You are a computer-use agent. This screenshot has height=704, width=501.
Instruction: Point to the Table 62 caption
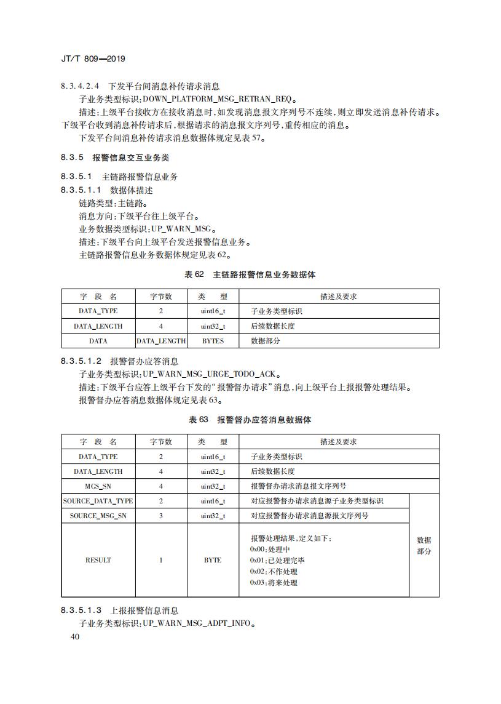(x=250, y=274)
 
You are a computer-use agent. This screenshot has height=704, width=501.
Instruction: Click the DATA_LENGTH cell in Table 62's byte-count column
(x=161, y=341)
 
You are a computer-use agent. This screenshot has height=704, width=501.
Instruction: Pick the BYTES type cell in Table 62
(x=213, y=341)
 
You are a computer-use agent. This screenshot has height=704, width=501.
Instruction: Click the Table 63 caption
(x=250, y=420)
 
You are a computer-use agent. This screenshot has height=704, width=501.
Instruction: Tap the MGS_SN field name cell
(x=98, y=486)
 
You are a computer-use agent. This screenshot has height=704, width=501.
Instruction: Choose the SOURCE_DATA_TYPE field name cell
(x=98, y=501)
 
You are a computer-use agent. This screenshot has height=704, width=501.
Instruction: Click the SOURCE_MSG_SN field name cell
(x=98, y=516)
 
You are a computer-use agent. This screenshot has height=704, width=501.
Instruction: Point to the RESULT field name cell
(x=98, y=560)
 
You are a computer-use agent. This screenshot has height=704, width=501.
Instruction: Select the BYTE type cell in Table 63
(x=213, y=560)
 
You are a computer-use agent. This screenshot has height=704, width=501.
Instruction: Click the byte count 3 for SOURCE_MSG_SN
(x=161, y=516)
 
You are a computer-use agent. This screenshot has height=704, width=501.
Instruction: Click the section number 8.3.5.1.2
(x=81, y=361)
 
